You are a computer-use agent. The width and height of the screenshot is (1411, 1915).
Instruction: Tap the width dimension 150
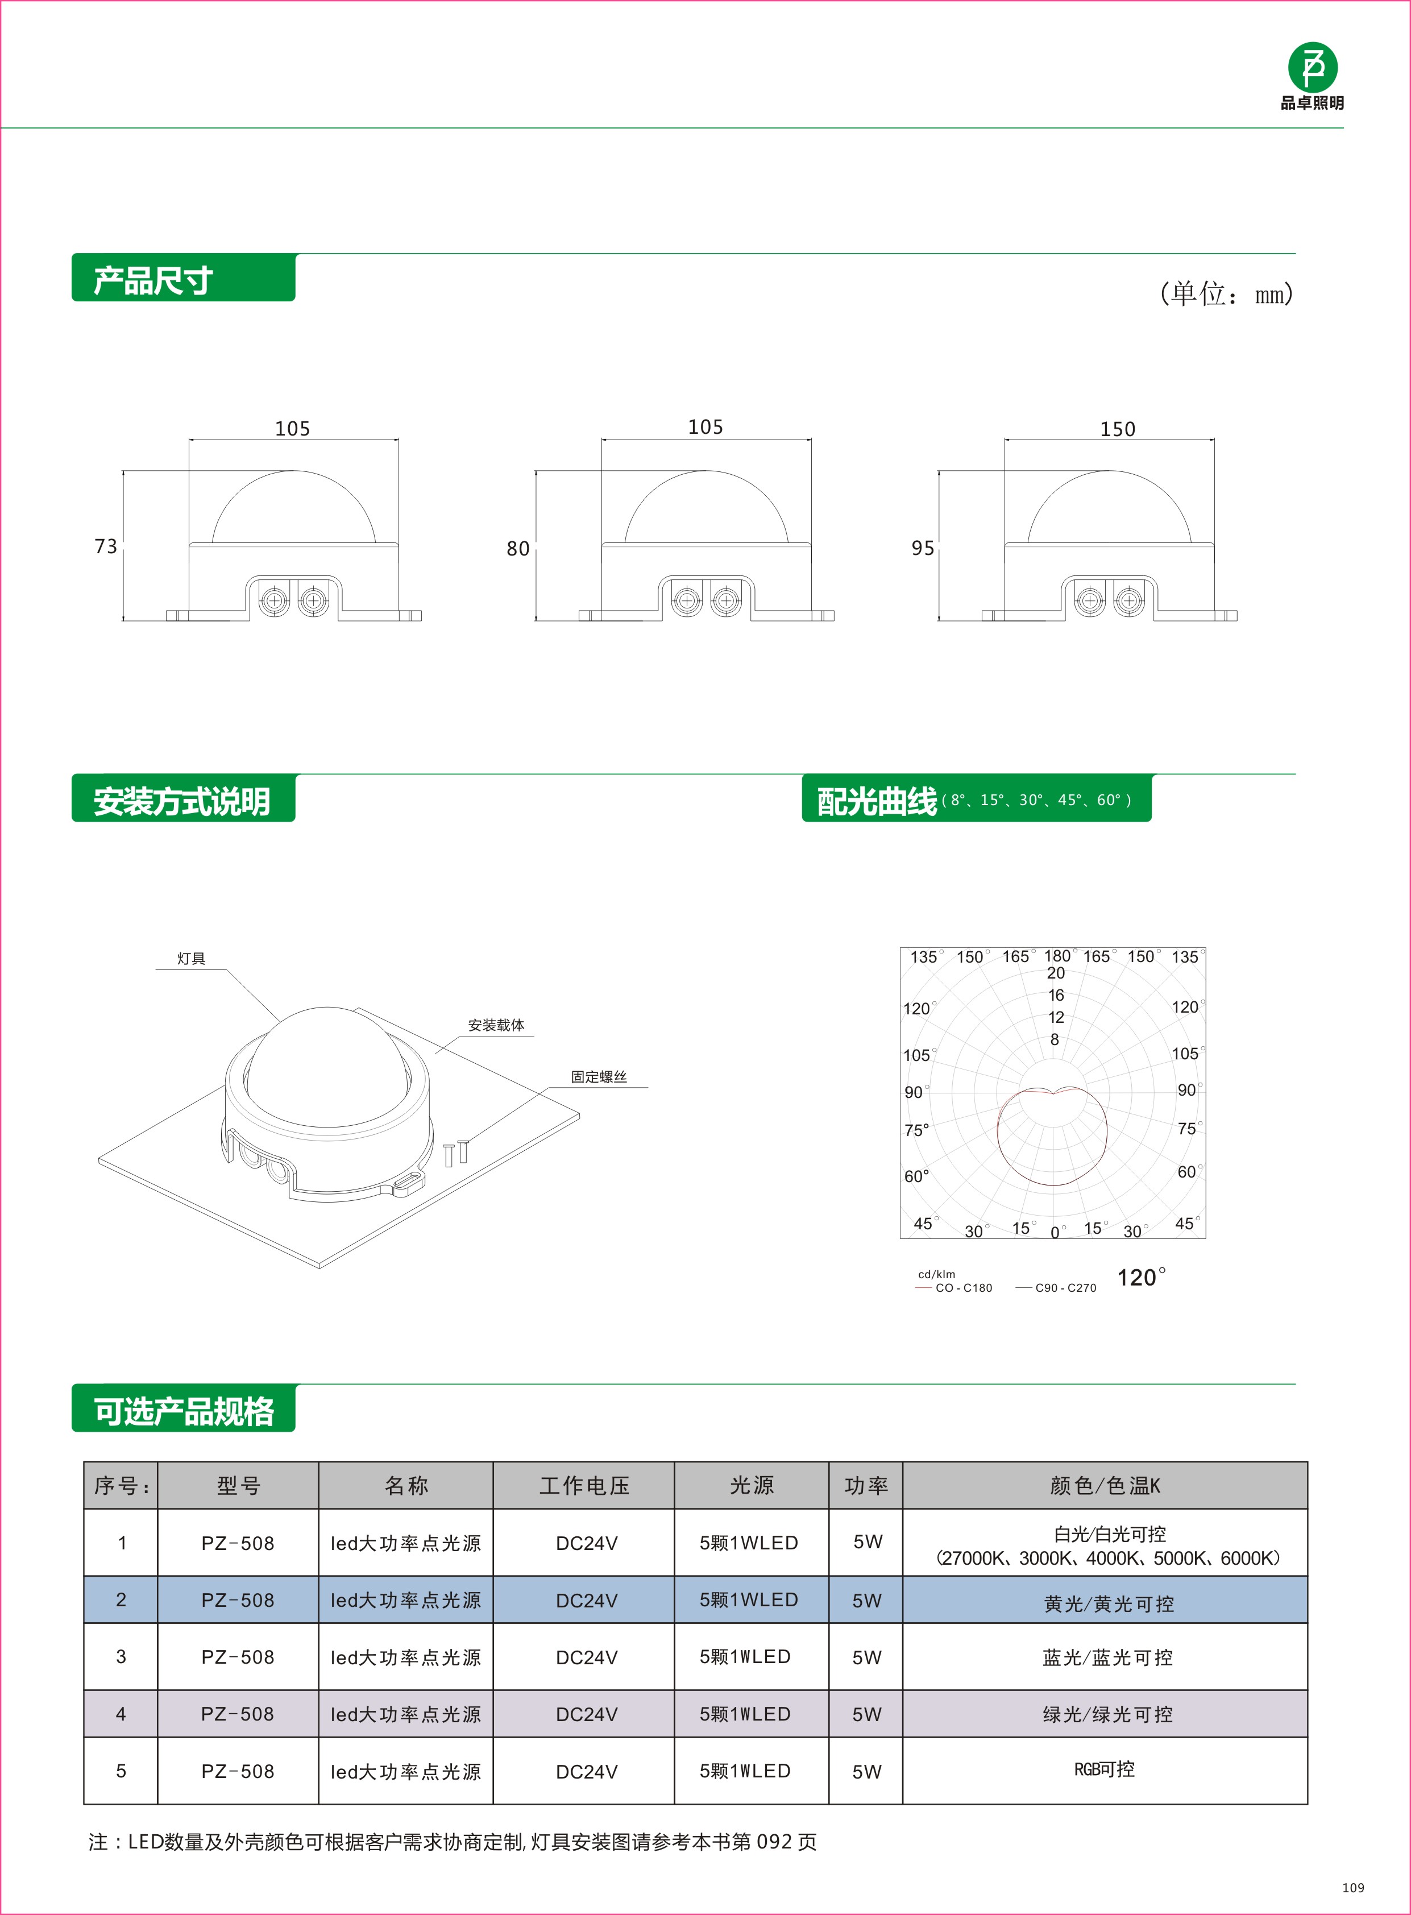click(x=1117, y=429)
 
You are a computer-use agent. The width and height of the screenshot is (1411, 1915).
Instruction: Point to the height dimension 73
click(x=106, y=546)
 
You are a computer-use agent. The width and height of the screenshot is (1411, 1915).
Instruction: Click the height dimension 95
click(x=923, y=548)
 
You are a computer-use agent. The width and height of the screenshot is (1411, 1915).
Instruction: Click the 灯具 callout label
click(x=192, y=959)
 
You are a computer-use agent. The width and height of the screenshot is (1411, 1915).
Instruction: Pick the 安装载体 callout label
click(x=496, y=1025)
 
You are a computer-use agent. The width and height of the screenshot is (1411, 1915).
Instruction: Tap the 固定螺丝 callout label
click(x=599, y=1076)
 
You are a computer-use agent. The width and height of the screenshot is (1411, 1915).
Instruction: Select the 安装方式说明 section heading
click(x=182, y=801)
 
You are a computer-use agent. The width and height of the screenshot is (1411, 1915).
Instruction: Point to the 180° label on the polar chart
click(x=1057, y=956)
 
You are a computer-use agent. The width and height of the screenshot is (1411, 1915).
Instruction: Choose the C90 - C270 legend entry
click(x=1064, y=1288)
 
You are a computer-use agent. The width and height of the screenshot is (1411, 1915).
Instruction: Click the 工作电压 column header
click(x=584, y=1486)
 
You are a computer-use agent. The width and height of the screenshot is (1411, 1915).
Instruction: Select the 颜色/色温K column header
click(x=1105, y=1486)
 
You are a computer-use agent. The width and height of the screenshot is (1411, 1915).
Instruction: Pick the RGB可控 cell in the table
click(x=1105, y=1769)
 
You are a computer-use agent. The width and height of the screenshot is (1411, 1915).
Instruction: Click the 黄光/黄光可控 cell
click(x=1108, y=1604)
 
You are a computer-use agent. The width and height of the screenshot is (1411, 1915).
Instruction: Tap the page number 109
click(x=1353, y=1888)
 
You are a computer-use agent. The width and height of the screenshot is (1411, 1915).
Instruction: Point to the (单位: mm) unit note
click(x=1226, y=294)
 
